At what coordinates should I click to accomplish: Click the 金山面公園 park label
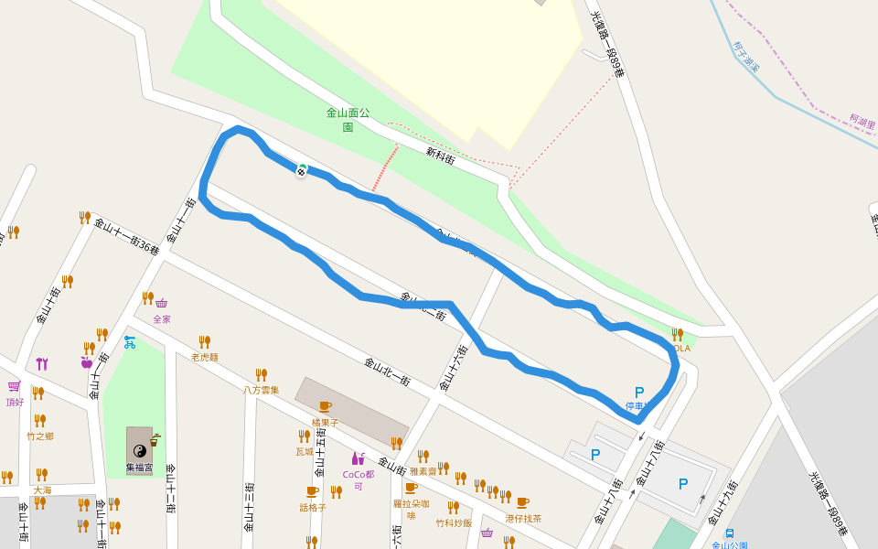click(x=348, y=120)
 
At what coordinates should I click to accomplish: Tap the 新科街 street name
click(x=440, y=156)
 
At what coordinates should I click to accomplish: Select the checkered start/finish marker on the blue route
click(x=302, y=169)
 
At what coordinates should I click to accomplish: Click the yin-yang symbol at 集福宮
click(x=140, y=450)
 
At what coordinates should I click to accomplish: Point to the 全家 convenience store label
click(x=162, y=319)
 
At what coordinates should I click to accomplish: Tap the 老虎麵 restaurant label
click(x=205, y=357)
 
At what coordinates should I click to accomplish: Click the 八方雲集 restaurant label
click(x=261, y=390)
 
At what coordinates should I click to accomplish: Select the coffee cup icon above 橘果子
click(x=325, y=406)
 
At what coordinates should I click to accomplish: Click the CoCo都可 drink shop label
click(x=359, y=480)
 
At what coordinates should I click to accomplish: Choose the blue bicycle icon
click(x=130, y=343)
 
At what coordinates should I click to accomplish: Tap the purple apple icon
click(x=87, y=362)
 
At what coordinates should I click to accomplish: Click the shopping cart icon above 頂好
click(x=14, y=387)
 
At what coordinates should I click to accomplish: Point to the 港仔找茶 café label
click(x=523, y=518)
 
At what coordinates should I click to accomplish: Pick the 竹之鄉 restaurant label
click(x=40, y=436)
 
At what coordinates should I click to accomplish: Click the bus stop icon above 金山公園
click(x=730, y=533)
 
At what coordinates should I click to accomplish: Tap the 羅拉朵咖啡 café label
click(x=411, y=510)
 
